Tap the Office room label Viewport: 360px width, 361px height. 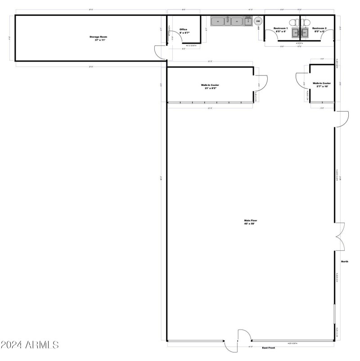point(183,31)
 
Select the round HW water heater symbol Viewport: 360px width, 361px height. point(258,21)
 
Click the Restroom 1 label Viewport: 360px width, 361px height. point(280,30)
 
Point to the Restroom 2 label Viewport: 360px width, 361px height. point(319,30)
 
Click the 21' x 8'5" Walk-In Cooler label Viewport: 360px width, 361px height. point(210,86)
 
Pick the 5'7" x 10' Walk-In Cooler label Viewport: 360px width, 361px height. point(322,85)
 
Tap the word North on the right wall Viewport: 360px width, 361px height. point(344,261)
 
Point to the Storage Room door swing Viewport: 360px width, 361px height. point(160,52)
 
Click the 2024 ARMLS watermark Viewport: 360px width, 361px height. point(30,345)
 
